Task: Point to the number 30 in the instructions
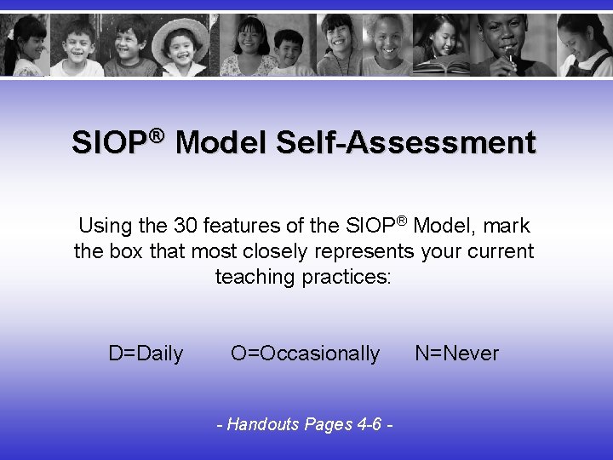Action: (x=186, y=227)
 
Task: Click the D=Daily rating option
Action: (x=146, y=354)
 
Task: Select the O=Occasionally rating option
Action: (x=306, y=354)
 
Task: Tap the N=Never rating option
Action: (x=457, y=354)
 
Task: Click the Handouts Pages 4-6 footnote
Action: (x=306, y=423)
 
